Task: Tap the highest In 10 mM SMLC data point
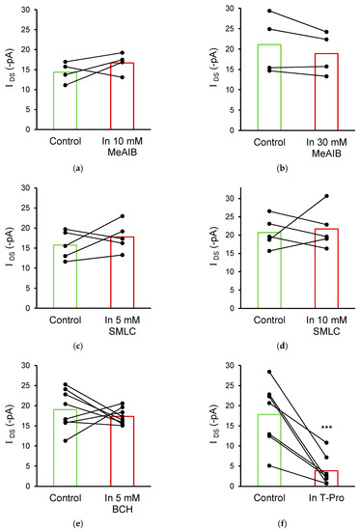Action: tap(315, 196)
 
